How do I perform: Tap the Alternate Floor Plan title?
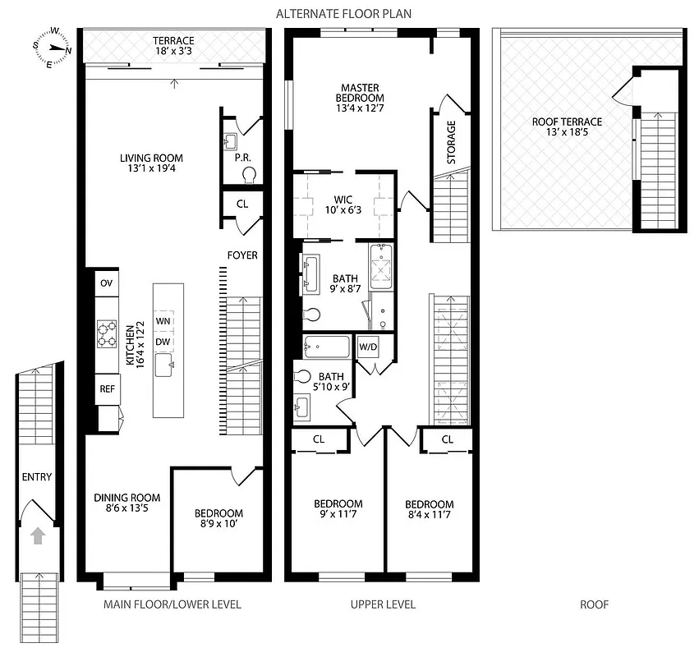[x=343, y=13]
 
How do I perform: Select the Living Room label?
[x=151, y=159]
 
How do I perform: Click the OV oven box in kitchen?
[x=106, y=283]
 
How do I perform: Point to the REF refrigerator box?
[x=106, y=388]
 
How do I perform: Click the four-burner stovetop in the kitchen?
[x=107, y=335]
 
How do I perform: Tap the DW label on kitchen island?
[x=163, y=342]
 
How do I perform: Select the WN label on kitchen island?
[x=163, y=320]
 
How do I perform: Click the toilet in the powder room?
[x=250, y=173]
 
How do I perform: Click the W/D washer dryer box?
[x=368, y=346]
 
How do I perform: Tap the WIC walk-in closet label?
[x=343, y=199]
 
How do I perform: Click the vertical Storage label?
[x=451, y=143]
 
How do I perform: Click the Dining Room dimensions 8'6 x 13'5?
[x=126, y=508]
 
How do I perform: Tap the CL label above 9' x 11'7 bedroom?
[x=319, y=439]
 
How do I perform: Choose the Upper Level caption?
[x=383, y=605]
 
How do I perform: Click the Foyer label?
[x=242, y=255]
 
